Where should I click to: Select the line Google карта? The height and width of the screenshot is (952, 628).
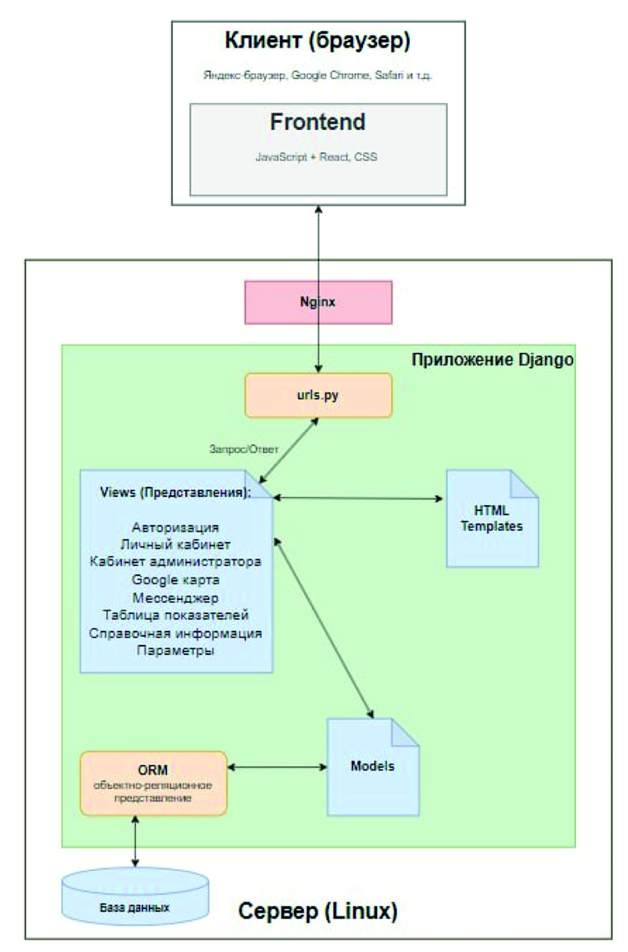click(x=175, y=580)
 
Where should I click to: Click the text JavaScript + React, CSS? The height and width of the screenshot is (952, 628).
click(x=316, y=157)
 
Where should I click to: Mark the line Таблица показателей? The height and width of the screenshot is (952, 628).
click(x=175, y=615)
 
